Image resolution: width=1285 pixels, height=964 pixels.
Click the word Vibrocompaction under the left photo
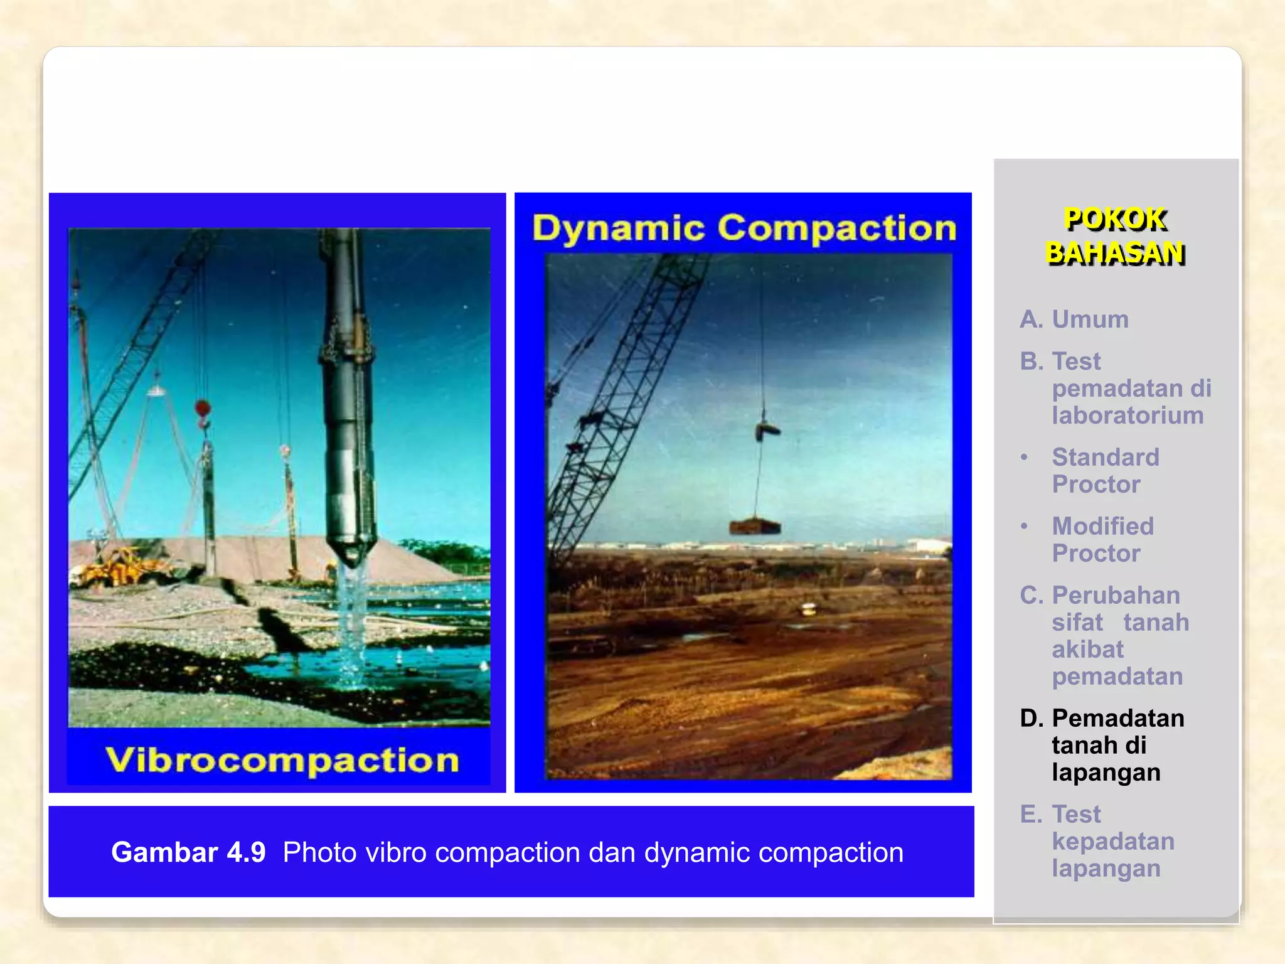282,761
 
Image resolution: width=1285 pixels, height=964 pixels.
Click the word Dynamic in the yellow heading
618,228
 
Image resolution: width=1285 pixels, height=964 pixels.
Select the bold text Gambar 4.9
188,852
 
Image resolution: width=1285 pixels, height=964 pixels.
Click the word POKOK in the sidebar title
1115,220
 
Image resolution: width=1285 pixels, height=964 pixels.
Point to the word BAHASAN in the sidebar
1115,254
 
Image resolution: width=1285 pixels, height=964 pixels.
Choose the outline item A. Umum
1074,319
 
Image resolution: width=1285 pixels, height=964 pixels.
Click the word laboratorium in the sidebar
1128,415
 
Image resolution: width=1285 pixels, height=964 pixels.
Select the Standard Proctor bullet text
1105,471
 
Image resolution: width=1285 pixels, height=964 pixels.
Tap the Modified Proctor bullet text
1102,540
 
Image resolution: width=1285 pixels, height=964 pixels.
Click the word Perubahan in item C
1116,595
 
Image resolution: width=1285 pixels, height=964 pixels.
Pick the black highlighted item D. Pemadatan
1102,719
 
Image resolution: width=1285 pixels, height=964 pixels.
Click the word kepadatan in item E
1113,842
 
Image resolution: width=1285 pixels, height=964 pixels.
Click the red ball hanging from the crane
202,409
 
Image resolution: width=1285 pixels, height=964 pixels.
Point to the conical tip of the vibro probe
352,553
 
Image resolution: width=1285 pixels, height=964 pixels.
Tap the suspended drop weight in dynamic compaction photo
755,526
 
